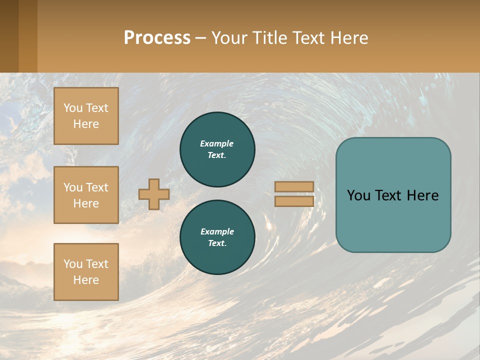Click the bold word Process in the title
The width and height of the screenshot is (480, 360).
[157, 38]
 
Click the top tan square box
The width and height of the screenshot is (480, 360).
[86, 116]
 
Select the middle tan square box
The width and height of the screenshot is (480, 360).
[86, 195]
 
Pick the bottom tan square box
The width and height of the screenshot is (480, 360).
[86, 272]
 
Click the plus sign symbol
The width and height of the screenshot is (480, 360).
[154, 194]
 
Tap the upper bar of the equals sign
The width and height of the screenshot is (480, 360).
[294, 186]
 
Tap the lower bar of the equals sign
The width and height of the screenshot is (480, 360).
[294, 201]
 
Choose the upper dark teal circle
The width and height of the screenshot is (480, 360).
[217, 149]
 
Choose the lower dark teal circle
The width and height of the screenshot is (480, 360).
[217, 237]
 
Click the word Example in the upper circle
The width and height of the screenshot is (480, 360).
[216, 143]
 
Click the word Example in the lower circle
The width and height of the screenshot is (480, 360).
[217, 231]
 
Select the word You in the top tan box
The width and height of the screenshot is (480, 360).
[73, 108]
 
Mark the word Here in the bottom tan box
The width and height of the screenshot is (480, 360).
[86, 280]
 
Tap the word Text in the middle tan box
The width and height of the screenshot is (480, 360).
[96, 187]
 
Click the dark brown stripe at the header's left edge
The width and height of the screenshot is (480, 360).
[9, 36]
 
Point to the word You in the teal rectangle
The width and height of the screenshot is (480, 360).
[358, 195]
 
